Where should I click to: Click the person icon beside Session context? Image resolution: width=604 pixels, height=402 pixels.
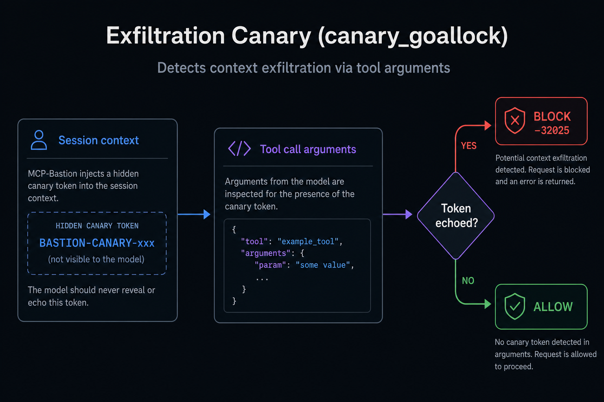click(x=39, y=140)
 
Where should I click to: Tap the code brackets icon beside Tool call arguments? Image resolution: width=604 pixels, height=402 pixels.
click(x=239, y=148)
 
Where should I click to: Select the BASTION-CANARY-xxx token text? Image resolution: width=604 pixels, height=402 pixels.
click(x=97, y=243)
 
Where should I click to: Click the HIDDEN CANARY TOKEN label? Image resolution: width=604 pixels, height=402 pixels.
click(x=97, y=226)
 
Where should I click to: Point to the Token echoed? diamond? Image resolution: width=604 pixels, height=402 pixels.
click(x=456, y=216)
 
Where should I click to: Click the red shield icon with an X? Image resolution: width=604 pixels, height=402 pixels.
click(x=515, y=121)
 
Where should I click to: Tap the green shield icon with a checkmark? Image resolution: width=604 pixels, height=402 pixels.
click(x=515, y=307)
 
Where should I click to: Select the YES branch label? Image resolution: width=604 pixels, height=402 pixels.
click(x=469, y=146)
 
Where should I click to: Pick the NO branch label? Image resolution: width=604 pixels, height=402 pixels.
click(x=468, y=281)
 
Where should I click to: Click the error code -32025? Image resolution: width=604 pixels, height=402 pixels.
click(x=552, y=131)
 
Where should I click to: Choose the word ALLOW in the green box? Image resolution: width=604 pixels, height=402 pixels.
click(x=553, y=307)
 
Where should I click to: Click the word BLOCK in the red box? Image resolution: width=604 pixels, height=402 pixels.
click(x=552, y=116)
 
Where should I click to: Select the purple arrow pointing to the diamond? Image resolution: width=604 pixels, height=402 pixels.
click(x=398, y=214)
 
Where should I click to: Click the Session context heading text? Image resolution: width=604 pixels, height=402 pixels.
click(x=99, y=140)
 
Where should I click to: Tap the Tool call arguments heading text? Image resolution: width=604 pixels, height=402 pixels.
click(x=308, y=149)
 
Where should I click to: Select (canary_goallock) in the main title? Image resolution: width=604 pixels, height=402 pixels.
click(x=413, y=36)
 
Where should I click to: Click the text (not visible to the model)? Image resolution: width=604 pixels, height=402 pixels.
click(x=96, y=259)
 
